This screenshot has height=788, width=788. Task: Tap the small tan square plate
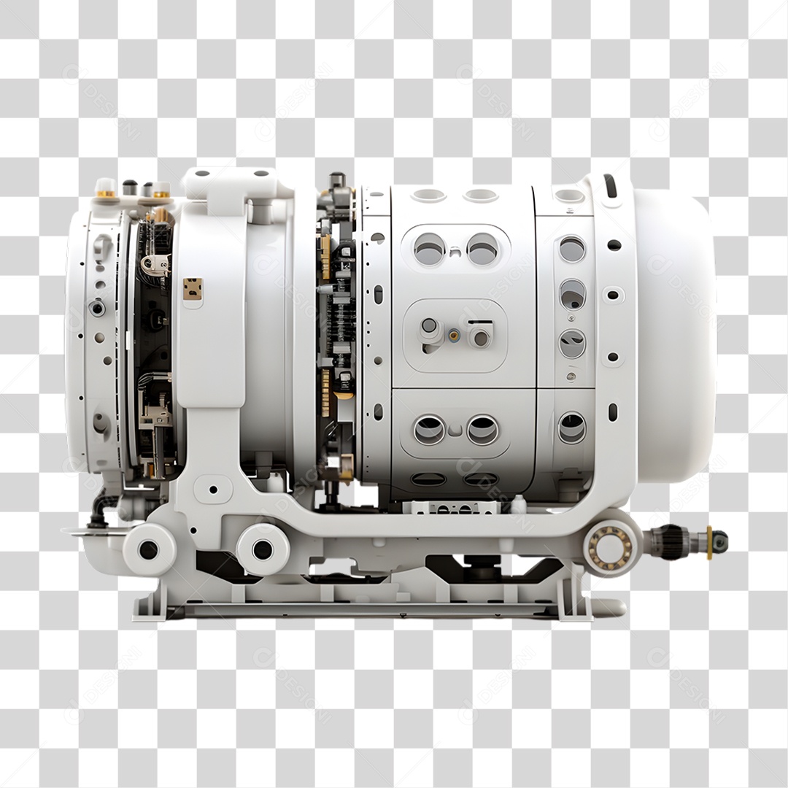click(193, 289)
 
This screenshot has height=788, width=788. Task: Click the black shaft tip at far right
click(719, 541)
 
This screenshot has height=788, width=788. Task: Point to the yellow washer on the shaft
click(709, 542)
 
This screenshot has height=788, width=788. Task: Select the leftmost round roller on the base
click(148, 549)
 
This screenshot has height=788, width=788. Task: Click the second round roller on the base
click(262, 549)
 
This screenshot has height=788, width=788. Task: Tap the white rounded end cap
click(675, 336)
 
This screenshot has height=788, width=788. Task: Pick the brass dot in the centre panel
click(454, 336)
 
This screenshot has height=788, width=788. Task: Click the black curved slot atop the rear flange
click(610, 185)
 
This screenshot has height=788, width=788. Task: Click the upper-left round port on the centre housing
click(429, 250)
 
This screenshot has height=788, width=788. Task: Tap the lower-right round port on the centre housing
click(482, 430)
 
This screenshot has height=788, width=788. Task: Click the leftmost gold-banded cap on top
click(106, 188)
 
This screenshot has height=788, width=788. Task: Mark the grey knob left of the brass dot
click(430, 328)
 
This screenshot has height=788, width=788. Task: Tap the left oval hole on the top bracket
click(202, 174)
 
